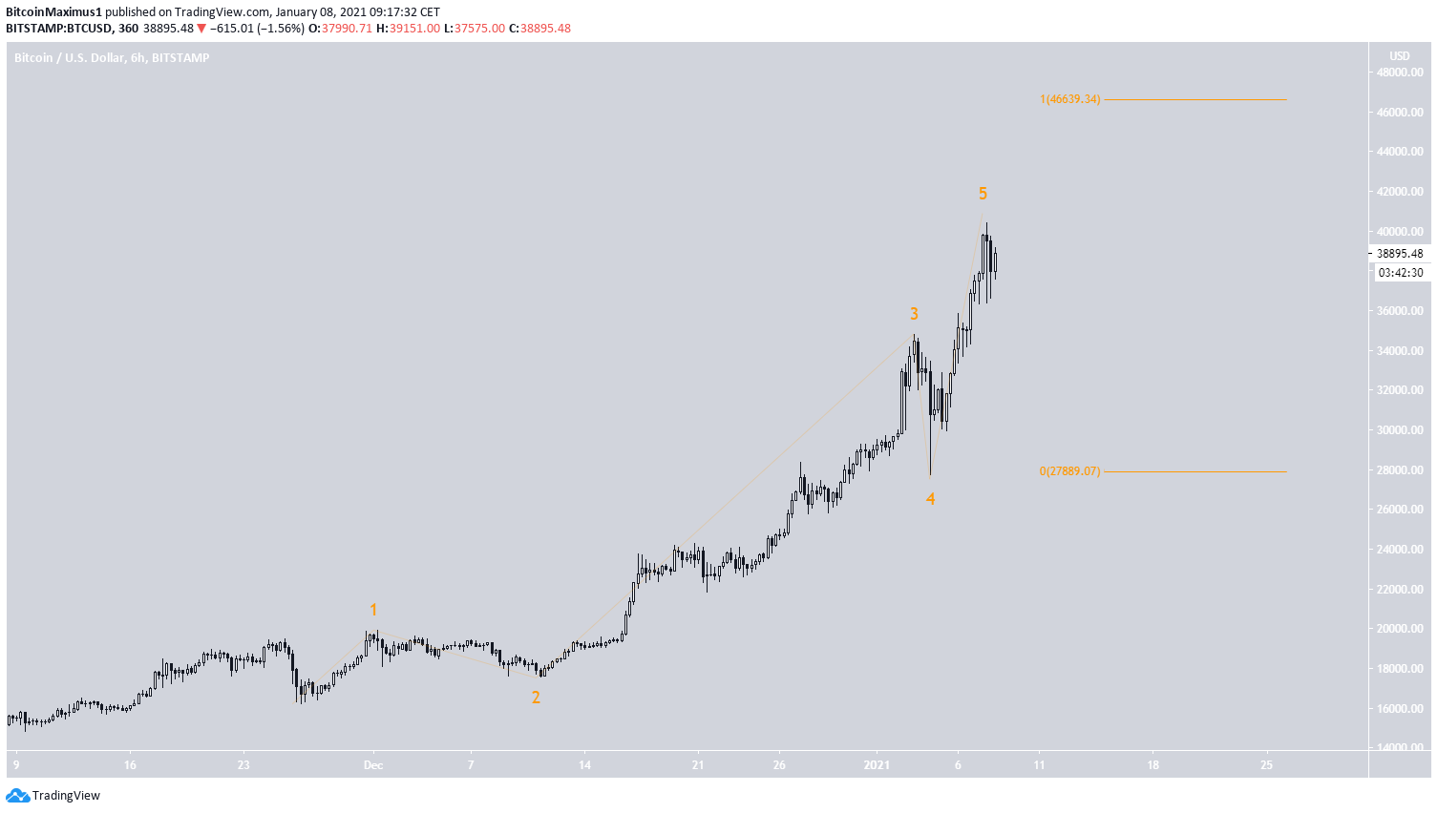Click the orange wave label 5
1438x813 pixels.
983,194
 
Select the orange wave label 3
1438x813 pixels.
914,314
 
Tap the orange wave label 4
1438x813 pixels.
930,499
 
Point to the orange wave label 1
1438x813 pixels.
373,610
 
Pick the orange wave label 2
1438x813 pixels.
536,698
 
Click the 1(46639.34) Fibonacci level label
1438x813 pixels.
1069,99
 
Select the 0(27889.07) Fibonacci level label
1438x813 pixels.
1069,471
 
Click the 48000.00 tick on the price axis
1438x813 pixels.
1400,73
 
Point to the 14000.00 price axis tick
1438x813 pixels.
1400,748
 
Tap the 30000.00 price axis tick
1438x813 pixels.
1400,430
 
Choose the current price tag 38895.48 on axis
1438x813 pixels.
1400,254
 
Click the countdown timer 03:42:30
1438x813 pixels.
1400,273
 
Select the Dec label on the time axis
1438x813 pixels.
373,765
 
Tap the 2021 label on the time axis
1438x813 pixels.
877,765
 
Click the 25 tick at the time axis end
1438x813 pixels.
1266,765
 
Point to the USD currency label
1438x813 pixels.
1400,56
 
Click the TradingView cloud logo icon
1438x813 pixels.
17,796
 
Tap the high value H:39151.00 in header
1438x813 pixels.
408,29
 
